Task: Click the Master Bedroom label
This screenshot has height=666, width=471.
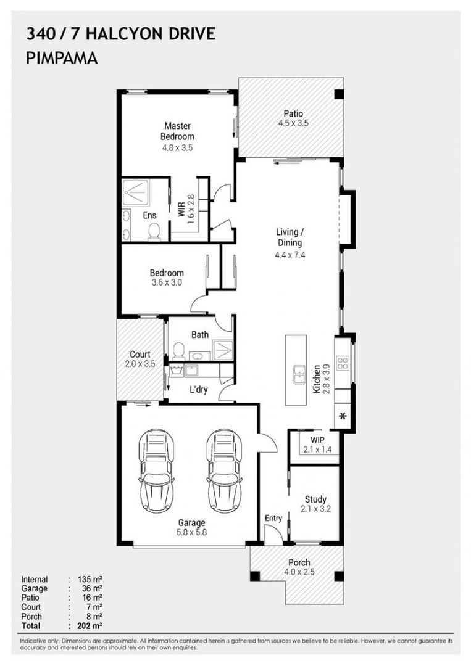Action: (x=177, y=131)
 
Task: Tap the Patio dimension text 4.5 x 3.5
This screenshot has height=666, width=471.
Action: (x=293, y=123)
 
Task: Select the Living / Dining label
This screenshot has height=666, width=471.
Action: (x=290, y=237)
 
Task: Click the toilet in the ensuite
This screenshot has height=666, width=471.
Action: (x=154, y=232)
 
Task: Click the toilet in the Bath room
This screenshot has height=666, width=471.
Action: (x=178, y=351)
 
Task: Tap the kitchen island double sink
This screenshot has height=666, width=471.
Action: (x=299, y=374)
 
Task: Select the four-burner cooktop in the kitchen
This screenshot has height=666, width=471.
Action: (x=343, y=363)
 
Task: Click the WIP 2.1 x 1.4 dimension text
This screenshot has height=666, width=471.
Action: (x=317, y=450)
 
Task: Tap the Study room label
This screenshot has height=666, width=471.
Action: (x=315, y=499)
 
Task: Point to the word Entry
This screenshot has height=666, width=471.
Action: (x=273, y=518)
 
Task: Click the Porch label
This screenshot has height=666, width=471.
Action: (x=299, y=562)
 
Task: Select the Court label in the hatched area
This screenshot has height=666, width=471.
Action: (x=140, y=354)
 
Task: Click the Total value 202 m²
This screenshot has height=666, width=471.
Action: (x=90, y=626)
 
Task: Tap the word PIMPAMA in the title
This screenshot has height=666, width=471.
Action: (x=62, y=58)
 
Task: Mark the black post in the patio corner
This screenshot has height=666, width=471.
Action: (x=339, y=94)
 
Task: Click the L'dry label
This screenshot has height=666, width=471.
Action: (x=199, y=389)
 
